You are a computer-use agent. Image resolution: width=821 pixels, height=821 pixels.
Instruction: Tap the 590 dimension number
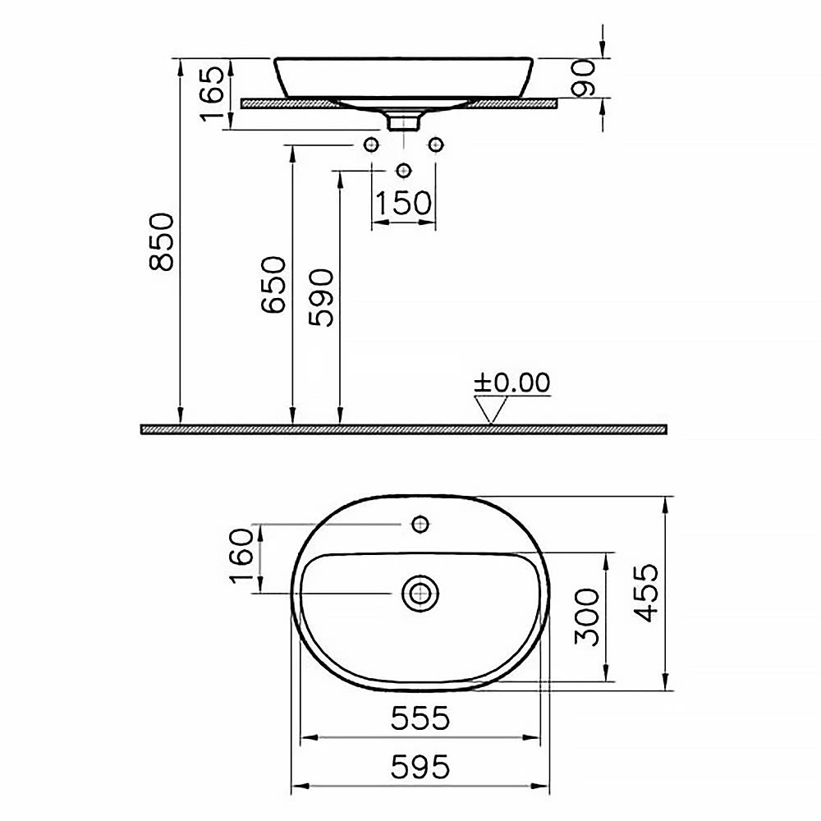click(x=323, y=297)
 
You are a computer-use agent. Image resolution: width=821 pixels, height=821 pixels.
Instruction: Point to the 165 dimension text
click(x=213, y=92)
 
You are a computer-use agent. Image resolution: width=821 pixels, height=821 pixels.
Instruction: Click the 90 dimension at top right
click(x=584, y=78)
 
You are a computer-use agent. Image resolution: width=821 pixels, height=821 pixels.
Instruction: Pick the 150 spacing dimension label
click(x=403, y=202)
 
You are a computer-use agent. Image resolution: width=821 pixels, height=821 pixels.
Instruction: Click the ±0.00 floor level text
click(x=512, y=383)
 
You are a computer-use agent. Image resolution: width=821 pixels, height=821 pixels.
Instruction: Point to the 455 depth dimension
click(x=649, y=593)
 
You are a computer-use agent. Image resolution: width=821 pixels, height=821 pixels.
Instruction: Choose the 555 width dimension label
click(x=420, y=718)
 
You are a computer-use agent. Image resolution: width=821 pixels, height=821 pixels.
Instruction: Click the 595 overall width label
click(x=420, y=767)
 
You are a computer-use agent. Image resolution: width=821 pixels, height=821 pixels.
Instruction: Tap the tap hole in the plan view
click(x=421, y=523)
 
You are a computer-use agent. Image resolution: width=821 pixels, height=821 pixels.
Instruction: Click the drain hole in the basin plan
click(x=420, y=592)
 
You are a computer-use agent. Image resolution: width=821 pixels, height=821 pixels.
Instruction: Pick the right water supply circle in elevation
click(x=436, y=145)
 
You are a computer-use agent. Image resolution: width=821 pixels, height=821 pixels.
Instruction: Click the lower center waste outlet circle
click(x=403, y=170)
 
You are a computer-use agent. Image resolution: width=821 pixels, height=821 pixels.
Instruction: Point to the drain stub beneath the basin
click(x=403, y=122)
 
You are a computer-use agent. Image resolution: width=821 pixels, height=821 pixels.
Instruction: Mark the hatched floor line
click(x=402, y=429)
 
